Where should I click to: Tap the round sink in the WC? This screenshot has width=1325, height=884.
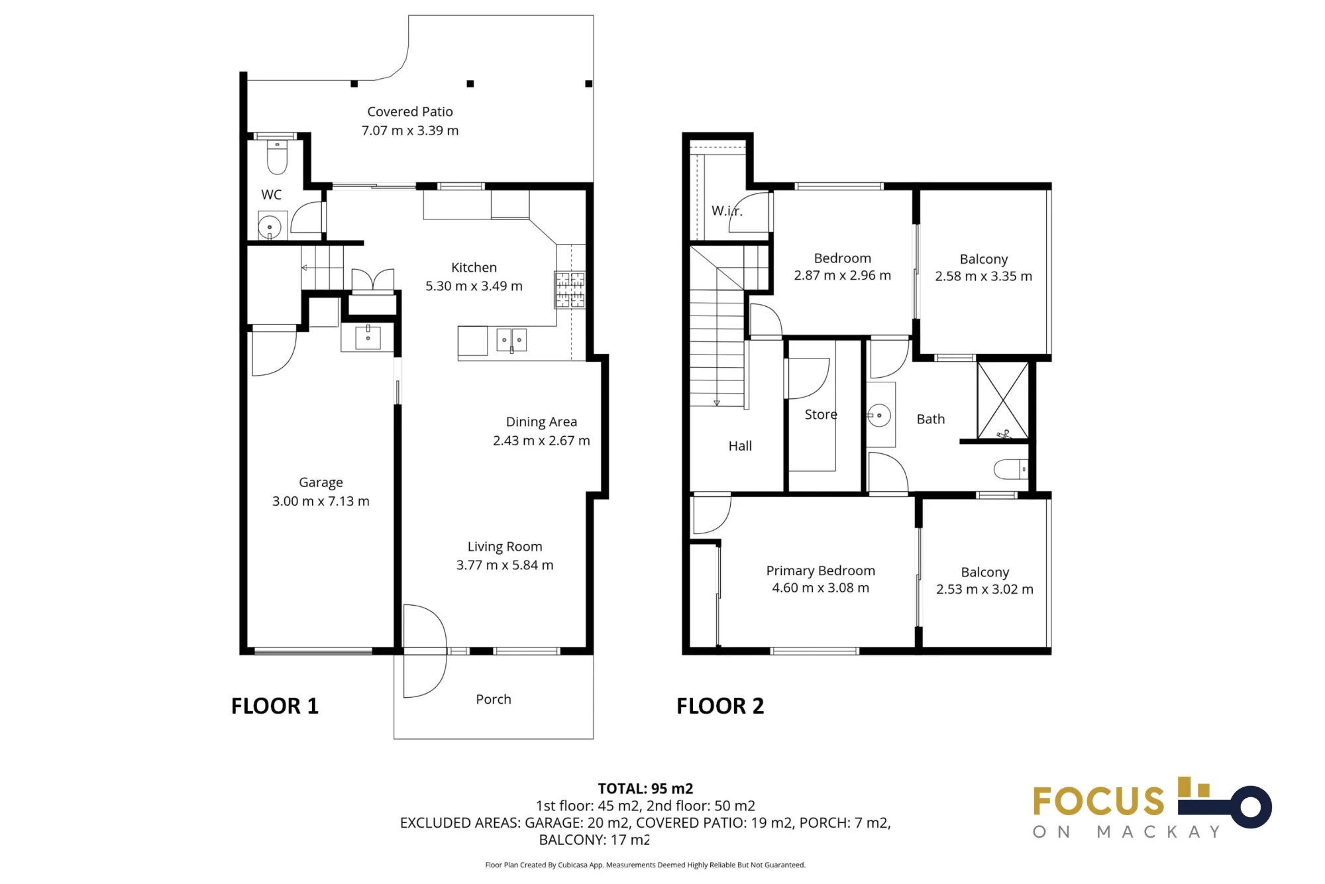click(x=270, y=227)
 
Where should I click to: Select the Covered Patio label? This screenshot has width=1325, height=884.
click(x=410, y=112)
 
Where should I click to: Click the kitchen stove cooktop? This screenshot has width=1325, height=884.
click(x=570, y=290)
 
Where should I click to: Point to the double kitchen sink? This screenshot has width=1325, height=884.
click(x=511, y=340)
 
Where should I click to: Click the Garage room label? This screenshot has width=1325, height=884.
click(x=321, y=482)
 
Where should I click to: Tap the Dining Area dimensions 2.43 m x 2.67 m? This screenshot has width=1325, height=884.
click(x=541, y=441)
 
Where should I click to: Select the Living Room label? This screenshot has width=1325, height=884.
click(x=505, y=547)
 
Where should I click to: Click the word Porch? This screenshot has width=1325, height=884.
click(x=494, y=699)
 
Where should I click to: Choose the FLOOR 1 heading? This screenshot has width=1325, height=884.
click(x=275, y=706)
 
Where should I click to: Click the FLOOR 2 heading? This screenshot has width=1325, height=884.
click(x=720, y=706)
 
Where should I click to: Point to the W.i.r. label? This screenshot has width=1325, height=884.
click(x=727, y=211)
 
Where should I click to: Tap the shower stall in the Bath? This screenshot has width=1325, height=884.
click(x=1003, y=400)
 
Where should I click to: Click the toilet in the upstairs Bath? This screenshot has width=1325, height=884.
click(x=1011, y=469)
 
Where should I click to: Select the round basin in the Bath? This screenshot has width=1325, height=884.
click(x=879, y=415)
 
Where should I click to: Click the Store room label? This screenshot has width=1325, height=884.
click(x=821, y=415)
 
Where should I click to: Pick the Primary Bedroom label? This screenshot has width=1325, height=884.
click(x=821, y=571)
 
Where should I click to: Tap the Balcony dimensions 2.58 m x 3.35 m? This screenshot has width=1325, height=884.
click(x=984, y=276)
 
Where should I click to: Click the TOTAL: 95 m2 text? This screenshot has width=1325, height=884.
click(x=645, y=789)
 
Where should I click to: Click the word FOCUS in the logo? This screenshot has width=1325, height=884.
click(x=1098, y=801)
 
